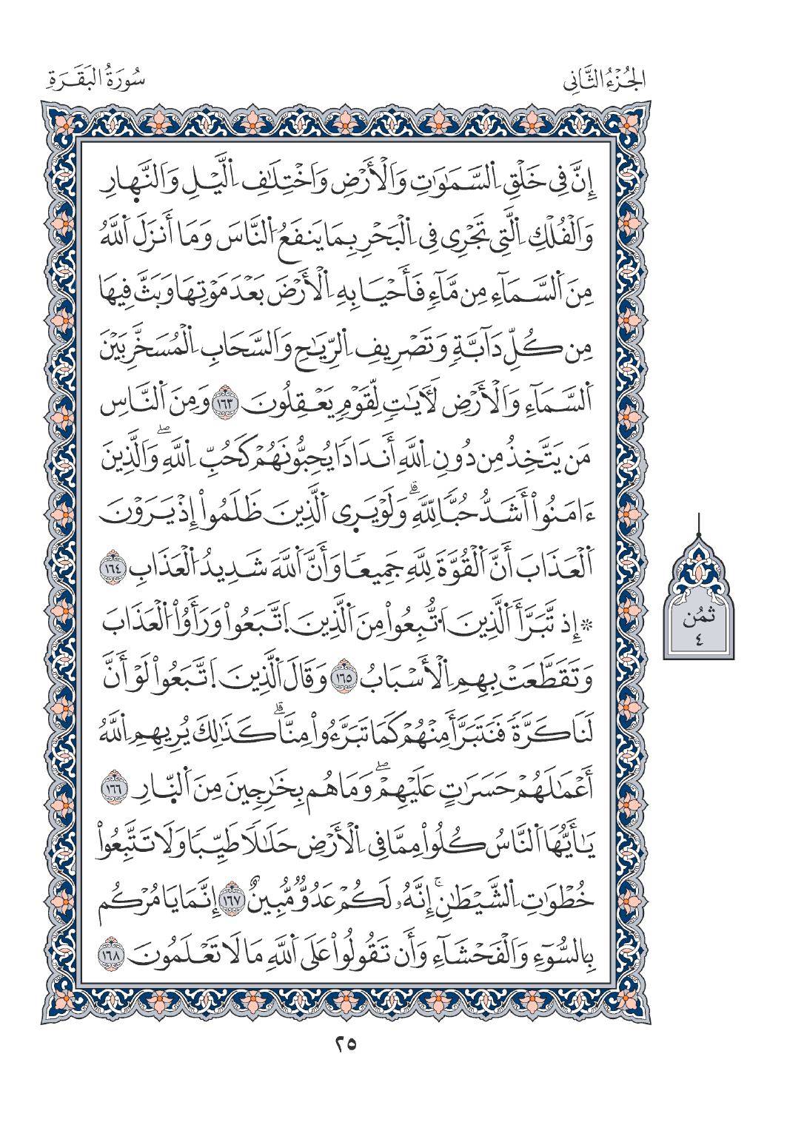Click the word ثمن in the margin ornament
[x=699, y=615]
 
